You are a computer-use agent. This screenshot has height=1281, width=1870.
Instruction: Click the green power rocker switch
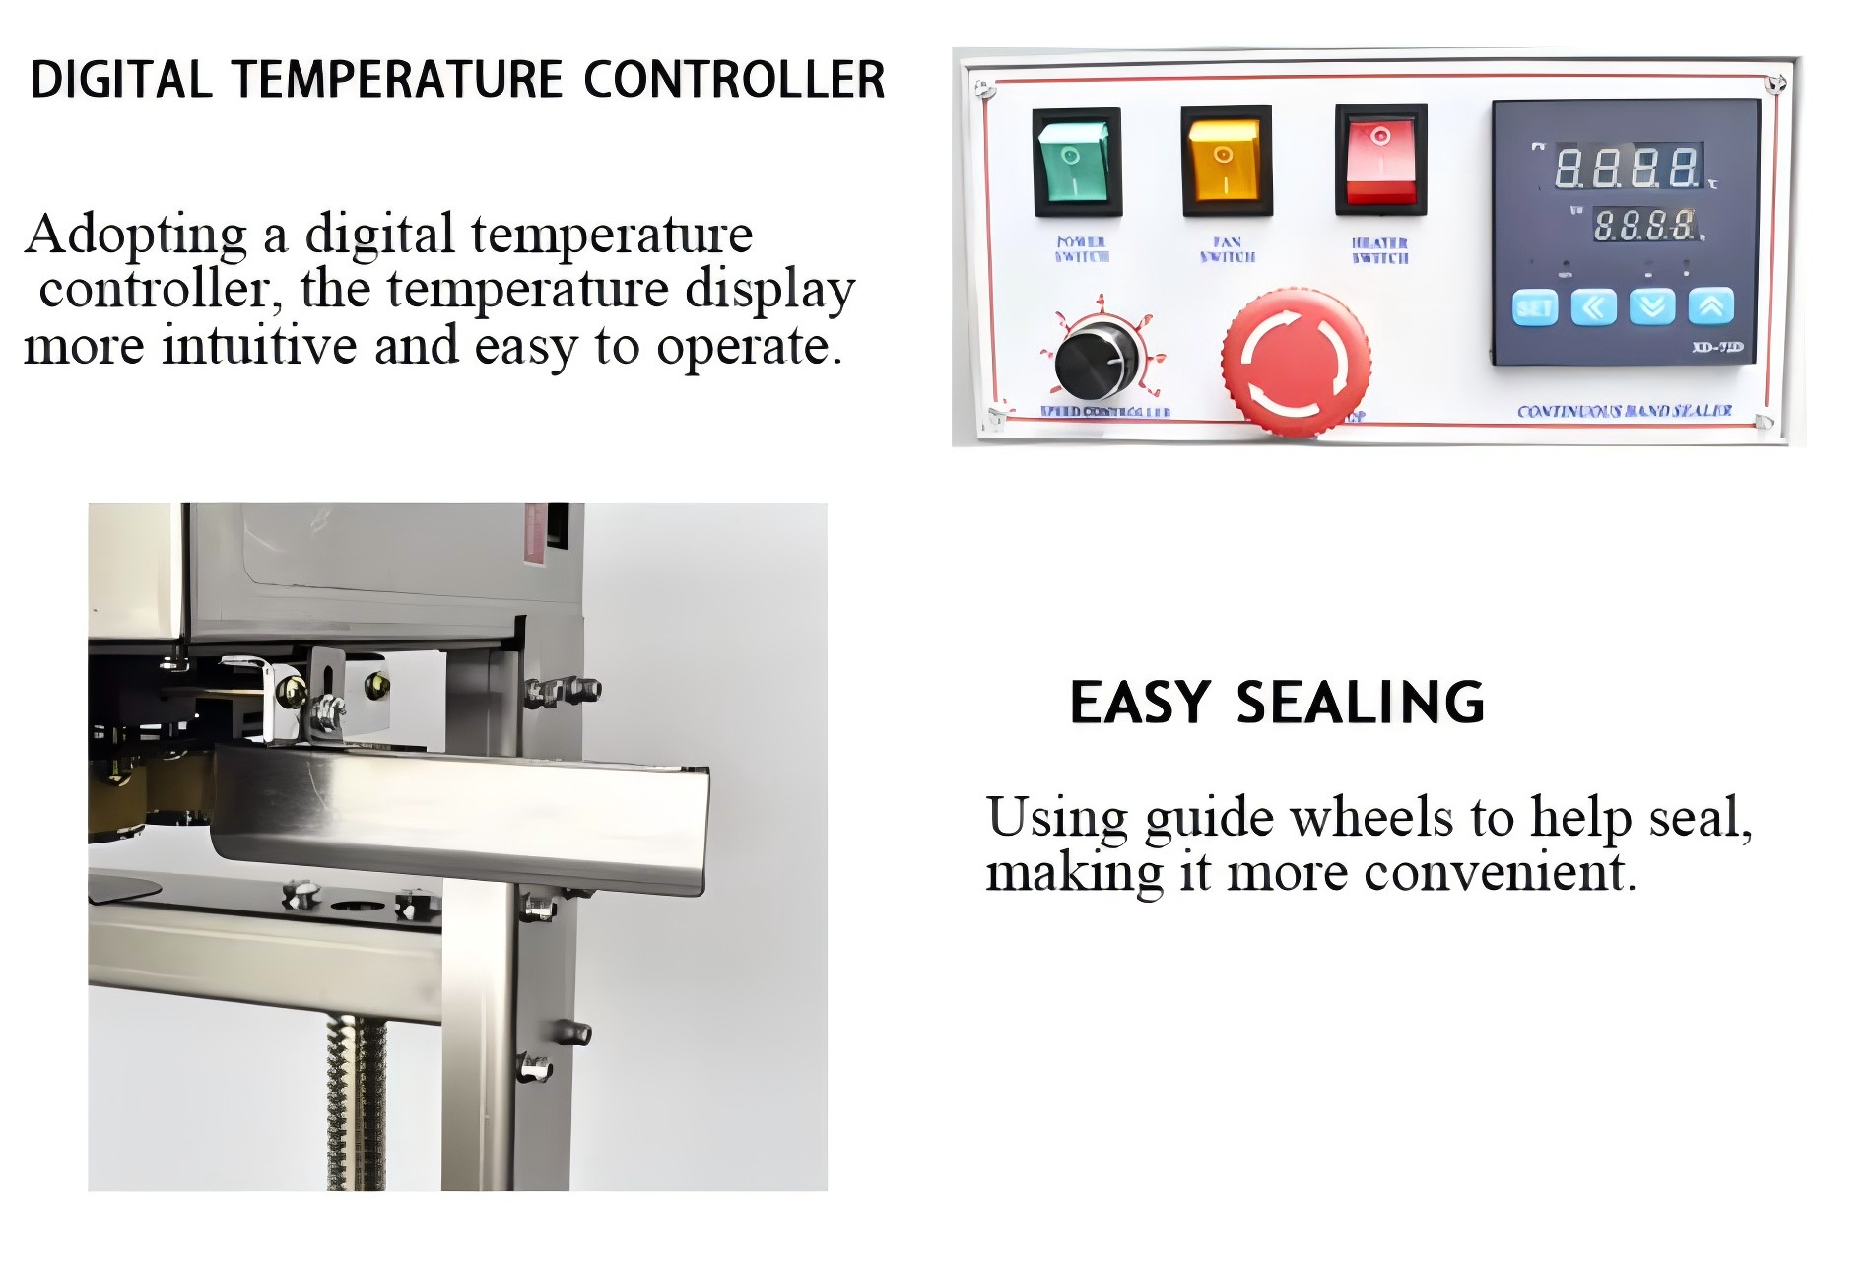coord(1076,162)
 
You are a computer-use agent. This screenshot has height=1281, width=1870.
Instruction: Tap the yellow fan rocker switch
coord(1226,160)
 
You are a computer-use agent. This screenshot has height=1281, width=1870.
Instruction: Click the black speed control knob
coord(1096,361)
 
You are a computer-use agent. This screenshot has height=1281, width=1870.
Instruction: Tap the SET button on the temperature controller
coord(1534,307)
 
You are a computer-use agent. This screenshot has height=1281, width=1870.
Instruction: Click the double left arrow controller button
coord(1593,307)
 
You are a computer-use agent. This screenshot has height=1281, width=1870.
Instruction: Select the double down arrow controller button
coord(1652,307)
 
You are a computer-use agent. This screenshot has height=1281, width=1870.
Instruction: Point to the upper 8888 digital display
coord(1628,168)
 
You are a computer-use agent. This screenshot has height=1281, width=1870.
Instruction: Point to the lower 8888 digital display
coord(1644,226)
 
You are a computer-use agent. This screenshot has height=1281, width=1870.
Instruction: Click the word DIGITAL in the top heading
coord(121,80)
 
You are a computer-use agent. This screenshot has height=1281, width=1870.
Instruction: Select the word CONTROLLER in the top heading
coord(734,80)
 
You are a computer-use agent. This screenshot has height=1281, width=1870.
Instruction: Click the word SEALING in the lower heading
coord(1360,704)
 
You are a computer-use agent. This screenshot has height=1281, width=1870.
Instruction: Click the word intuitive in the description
coord(259,346)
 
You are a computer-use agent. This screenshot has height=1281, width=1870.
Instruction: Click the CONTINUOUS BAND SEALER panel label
coord(1624,411)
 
